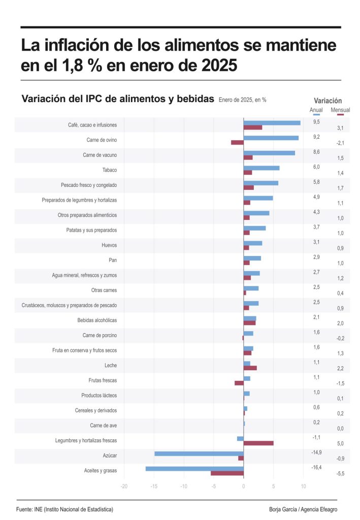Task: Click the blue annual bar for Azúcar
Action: [199, 453]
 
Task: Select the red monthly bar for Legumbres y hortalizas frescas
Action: [258, 443]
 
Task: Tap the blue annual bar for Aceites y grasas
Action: [194, 468]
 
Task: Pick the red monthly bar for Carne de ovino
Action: [237, 142]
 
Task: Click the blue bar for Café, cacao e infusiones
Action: [272, 122]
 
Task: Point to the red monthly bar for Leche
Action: [250, 368]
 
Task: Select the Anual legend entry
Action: [316, 110]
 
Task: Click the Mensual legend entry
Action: [340, 110]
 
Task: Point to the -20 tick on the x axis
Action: [124, 486]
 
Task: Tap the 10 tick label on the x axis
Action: [303, 486]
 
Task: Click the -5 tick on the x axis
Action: [214, 486]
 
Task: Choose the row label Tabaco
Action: [109, 170]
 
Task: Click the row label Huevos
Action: [109, 245]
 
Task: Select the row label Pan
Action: [113, 260]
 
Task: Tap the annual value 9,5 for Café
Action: [316, 122]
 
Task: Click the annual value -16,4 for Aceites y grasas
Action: [316, 467]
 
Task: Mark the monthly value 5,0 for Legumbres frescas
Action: [340, 443]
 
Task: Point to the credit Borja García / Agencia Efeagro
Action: [303, 509]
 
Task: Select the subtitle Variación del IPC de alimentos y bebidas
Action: [118, 99]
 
